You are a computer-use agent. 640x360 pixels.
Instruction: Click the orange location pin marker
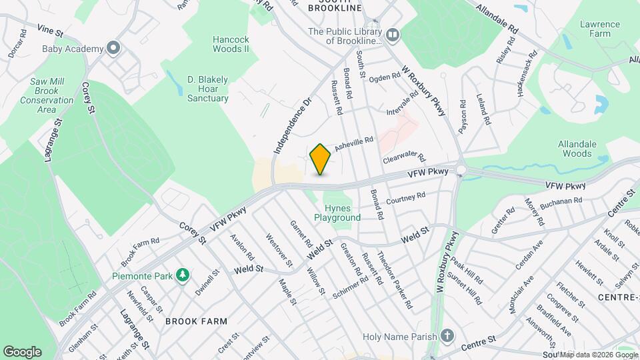point(320,159)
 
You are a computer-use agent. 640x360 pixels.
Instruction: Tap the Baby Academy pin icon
point(113,48)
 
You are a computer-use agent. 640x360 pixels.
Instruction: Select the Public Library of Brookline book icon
point(393,35)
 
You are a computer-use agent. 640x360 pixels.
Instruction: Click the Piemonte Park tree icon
point(181,275)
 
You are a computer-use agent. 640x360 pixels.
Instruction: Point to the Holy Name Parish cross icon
point(449,337)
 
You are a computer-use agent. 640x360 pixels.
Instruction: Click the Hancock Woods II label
point(231,44)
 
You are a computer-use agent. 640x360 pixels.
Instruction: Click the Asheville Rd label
point(353,143)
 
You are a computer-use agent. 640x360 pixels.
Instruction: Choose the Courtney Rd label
point(405,197)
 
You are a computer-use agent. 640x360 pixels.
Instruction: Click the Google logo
point(22,351)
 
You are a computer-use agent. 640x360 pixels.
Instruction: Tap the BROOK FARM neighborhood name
point(193,321)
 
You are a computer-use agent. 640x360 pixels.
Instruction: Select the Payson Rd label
point(462,115)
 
